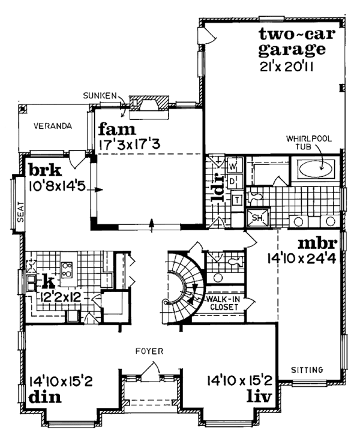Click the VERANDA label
[x=53, y=127]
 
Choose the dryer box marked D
[x=234, y=179]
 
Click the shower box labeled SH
[x=255, y=218]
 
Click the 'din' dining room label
[x=41, y=396]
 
